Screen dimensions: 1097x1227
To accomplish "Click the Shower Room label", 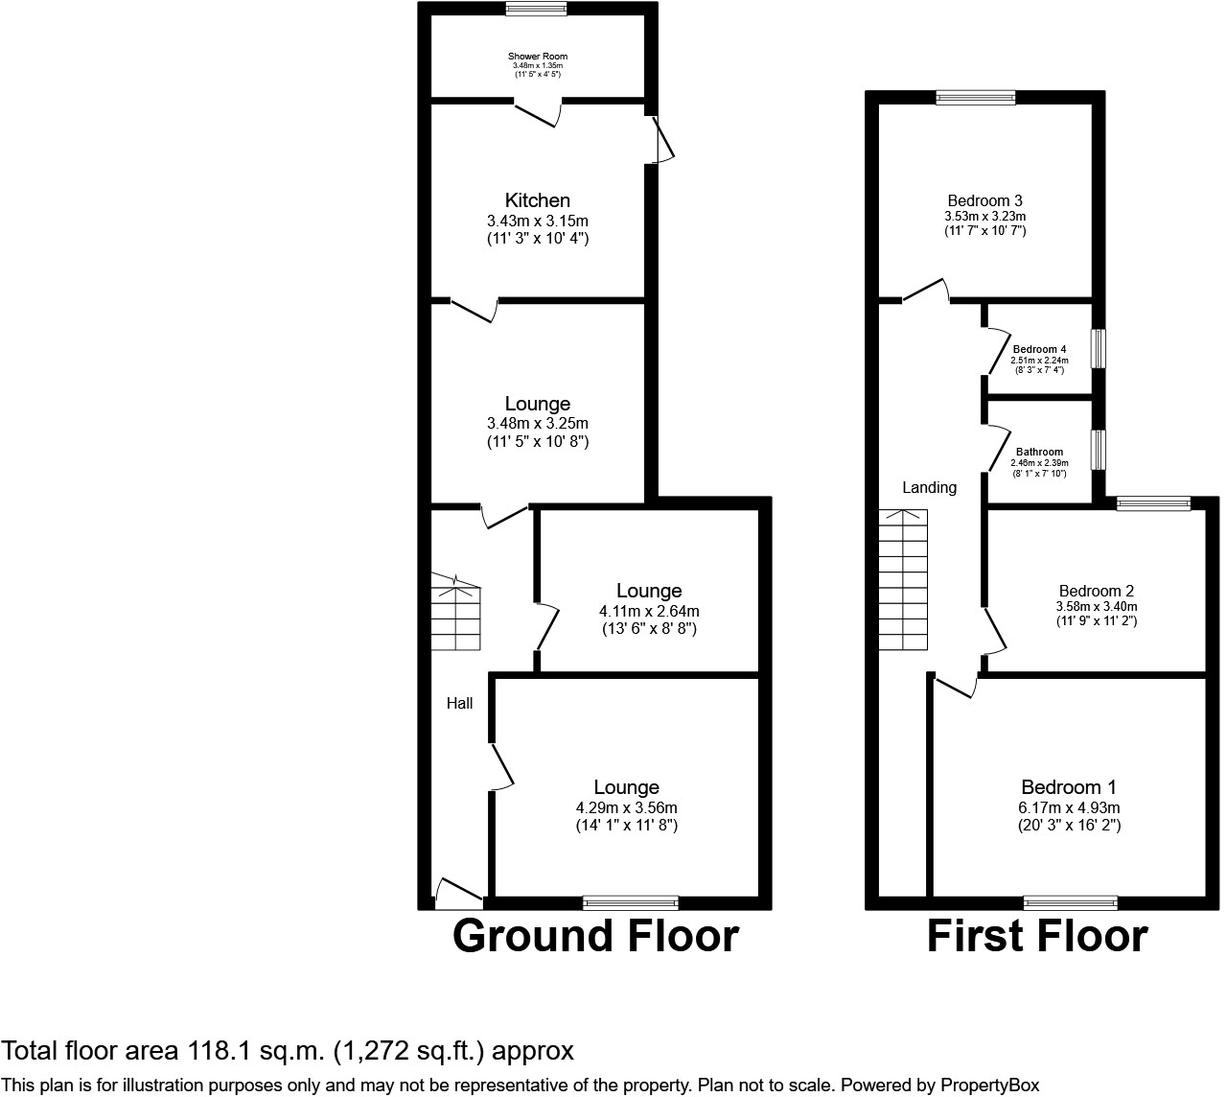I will (538, 57).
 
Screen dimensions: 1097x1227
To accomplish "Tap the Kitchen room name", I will (538, 200).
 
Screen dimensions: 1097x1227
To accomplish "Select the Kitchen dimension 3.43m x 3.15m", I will (538, 221).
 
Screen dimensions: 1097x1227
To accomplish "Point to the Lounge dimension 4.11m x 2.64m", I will (649, 611).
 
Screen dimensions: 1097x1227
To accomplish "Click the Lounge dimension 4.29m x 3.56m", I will (627, 807).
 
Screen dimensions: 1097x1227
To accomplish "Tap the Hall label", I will (460, 703).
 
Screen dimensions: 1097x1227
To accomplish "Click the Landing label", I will (929, 487).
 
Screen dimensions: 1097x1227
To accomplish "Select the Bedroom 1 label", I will (1069, 786).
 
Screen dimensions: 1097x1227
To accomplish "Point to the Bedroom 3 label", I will (984, 200).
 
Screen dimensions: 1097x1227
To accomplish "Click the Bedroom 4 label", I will (1039, 349).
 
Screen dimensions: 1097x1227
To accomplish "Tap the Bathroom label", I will (1039, 452).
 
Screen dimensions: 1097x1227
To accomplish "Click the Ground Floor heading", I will (595, 936).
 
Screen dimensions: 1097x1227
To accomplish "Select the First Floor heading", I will (1037, 936).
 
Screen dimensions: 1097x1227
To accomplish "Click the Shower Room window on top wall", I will (537, 10).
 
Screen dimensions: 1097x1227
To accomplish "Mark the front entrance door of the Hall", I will (459, 896).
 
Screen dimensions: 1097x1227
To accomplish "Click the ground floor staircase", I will (455, 614).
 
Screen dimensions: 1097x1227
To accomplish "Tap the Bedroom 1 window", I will (1070, 901).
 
